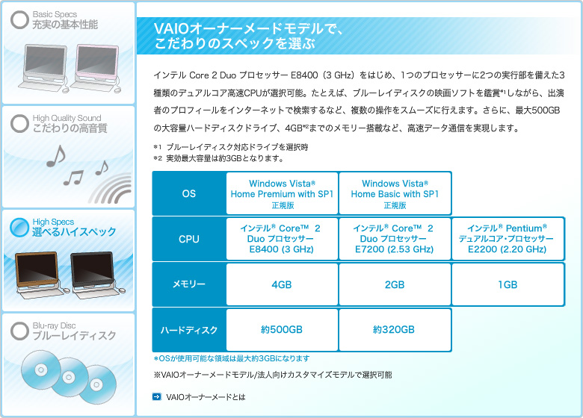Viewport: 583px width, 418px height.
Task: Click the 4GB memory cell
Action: point(282,284)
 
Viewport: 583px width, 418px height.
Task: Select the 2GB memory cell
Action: point(395,284)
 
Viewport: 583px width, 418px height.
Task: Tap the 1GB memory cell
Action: point(508,284)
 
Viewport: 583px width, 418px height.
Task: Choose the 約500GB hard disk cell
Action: point(282,330)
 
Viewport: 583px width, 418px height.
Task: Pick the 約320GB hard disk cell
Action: point(395,330)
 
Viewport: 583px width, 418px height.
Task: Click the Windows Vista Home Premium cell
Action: point(282,193)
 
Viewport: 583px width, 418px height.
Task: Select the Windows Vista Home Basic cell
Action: point(395,193)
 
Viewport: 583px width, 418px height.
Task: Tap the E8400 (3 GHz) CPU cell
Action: point(282,239)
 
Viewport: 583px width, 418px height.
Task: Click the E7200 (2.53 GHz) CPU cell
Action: point(395,239)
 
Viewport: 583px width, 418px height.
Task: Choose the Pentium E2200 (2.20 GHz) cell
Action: point(508,239)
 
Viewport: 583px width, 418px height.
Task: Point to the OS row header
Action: point(189,193)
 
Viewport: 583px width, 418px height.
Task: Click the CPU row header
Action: point(189,239)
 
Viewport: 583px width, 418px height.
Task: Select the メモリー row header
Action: point(189,284)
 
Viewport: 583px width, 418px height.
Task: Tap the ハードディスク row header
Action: point(189,330)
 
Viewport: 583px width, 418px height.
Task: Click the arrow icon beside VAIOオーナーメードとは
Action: point(157,397)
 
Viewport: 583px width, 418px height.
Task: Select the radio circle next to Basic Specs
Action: point(19,19)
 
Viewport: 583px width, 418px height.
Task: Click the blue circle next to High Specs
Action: point(19,227)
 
